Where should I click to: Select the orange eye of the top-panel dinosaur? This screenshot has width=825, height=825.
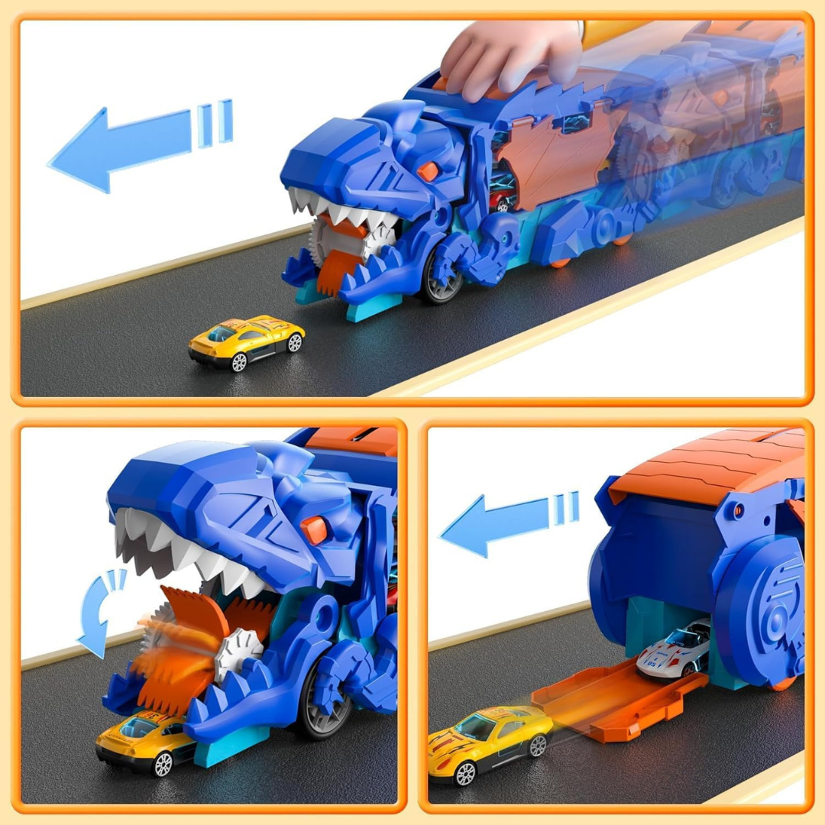tap(428, 171)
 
